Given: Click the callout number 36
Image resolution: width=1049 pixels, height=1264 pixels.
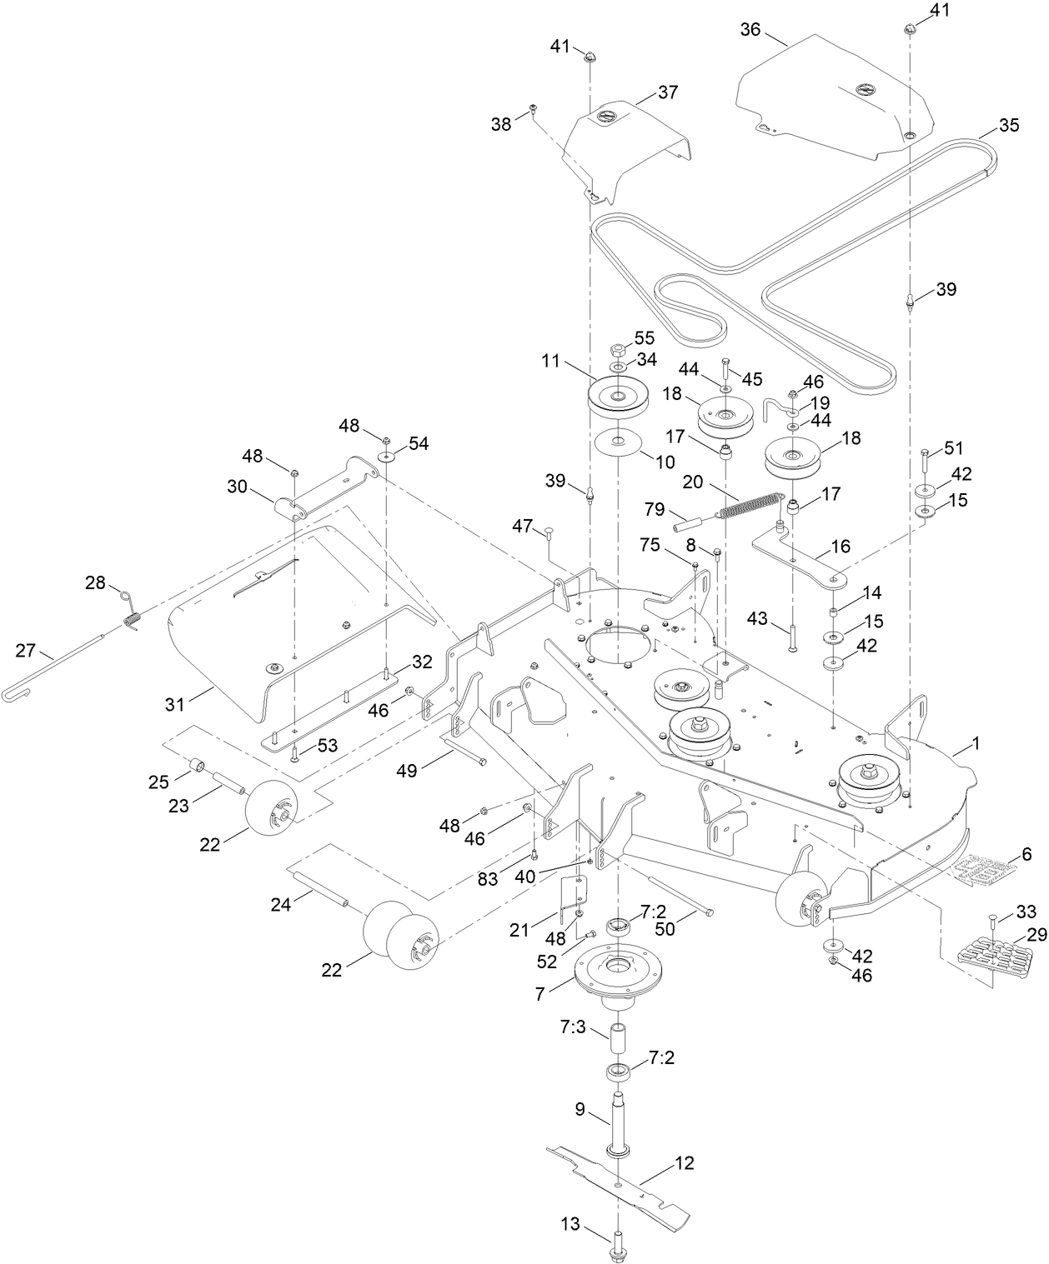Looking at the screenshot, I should click(x=750, y=29).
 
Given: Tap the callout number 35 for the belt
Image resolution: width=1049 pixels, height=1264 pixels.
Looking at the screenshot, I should click(x=1008, y=126).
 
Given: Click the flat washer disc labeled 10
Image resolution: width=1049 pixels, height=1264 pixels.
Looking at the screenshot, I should click(x=618, y=441).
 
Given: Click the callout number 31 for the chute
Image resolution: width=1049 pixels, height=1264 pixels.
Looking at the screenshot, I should click(x=174, y=704).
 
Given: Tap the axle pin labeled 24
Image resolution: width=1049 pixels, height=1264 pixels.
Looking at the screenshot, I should click(x=325, y=887).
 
